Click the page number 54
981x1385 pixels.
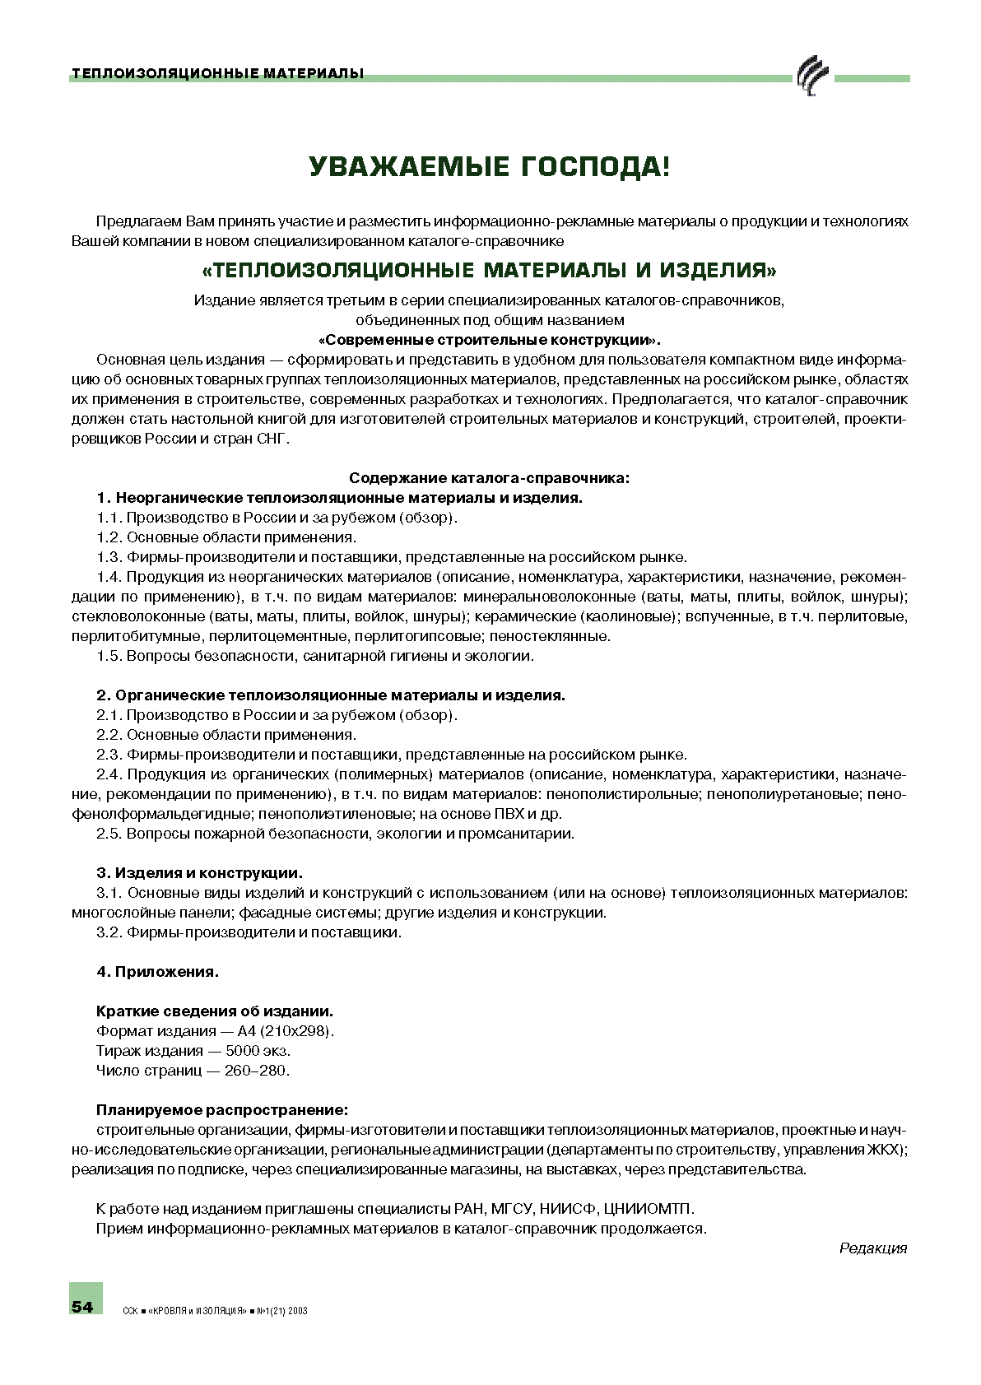click(x=82, y=1307)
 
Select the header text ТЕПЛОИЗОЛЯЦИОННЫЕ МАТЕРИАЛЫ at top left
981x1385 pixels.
click(x=217, y=74)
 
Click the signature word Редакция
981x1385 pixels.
click(x=872, y=1248)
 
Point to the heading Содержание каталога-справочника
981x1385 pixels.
click(x=489, y=478)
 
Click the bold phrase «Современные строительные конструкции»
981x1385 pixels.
click(x=489, y=340)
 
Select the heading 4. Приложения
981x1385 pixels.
click(x=157, y=972)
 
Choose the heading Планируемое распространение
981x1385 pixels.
click(x=221, y=1110)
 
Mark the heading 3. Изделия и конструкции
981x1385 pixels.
click(x=199, y=873)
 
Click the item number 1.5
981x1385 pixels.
click(x=109, y=656)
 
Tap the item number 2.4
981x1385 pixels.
click(x=109, y=774)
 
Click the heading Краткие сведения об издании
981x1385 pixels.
click(x=215, y=1011)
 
